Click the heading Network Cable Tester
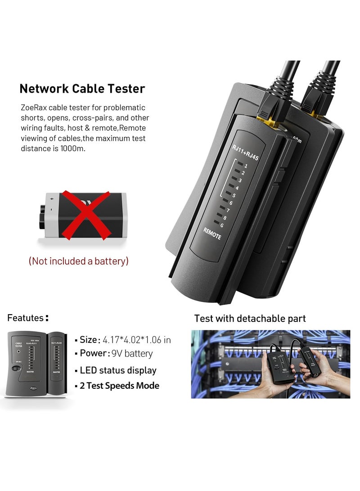coord(82,88)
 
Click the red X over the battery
coord(86,215)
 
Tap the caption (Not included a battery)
coord(79,261)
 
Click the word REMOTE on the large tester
coord(212,233)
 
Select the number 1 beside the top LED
coord(246,166)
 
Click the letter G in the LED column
coord(221,225)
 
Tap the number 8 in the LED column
coord(224,217)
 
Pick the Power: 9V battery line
coord(116,354)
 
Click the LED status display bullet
coord(118,370)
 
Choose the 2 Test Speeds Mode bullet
coord(119,386)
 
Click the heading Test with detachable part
coord(250,319)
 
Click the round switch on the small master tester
coord(16,369)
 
